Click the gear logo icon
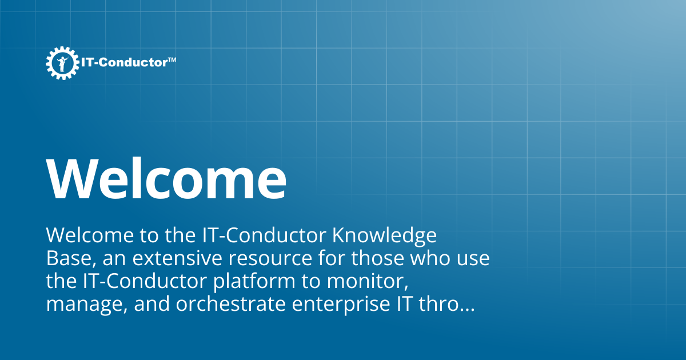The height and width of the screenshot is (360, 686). [62, 63]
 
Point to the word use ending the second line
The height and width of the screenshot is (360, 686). [472, 259]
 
